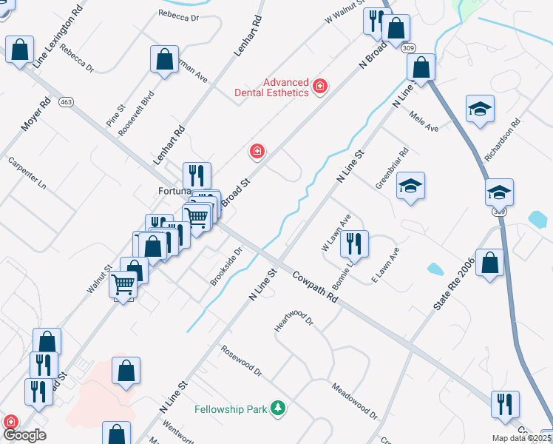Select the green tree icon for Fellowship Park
click(x=278, y=408)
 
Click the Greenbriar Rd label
click(x=392, y=169)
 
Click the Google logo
click(x=24, y=435)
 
